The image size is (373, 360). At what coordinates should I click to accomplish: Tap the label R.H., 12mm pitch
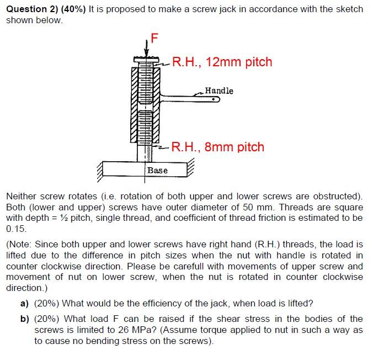tap(222, 62)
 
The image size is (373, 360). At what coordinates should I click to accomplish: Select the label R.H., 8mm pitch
tap(217, 147)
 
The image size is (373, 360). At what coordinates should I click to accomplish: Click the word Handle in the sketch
tap(219, 91)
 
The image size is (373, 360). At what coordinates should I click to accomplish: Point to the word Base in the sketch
tap(157, 170)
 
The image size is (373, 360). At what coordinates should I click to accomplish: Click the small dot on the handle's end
tap(212, 100)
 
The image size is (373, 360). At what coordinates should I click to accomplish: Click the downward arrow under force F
tap(147, 49)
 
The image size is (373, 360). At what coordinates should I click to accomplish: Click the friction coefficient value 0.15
tap(16, 228)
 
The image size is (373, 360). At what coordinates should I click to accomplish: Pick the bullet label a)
tap(24, 304)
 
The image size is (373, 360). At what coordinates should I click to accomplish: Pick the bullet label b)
tap(24, 319)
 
